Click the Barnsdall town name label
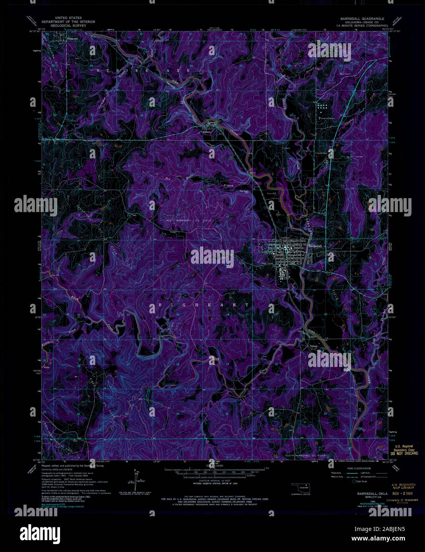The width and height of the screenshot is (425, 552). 317,246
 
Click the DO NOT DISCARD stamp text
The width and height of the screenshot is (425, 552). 404,453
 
